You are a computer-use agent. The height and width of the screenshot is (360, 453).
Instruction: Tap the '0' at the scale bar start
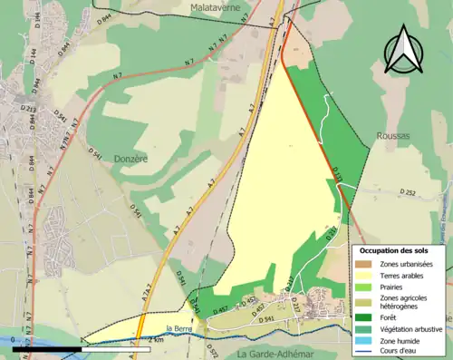click(14, 340)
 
